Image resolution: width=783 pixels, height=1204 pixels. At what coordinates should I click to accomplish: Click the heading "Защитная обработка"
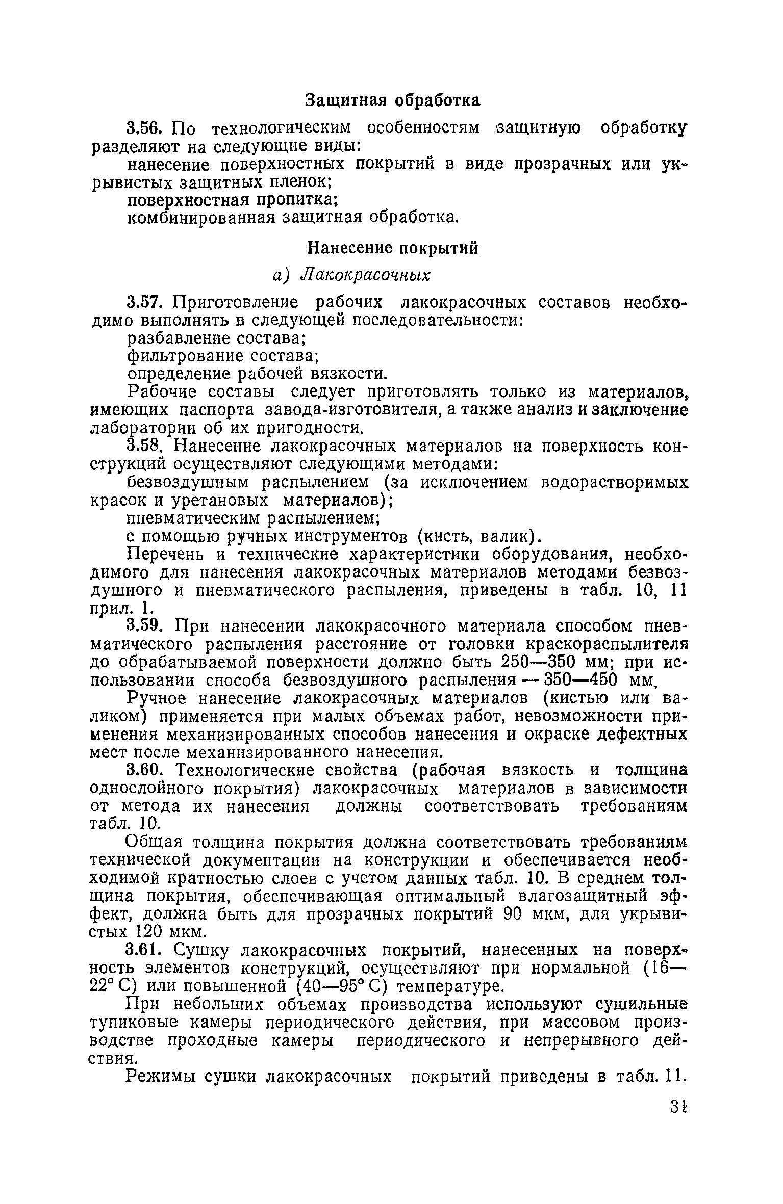(392, 100)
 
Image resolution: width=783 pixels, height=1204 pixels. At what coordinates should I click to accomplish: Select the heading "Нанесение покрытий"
(392, 248)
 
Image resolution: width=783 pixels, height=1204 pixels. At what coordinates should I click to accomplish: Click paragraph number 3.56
(147, 128)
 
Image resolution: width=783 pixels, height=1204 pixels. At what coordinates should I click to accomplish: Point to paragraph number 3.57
(147, 303)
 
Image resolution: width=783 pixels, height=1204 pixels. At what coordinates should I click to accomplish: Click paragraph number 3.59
(147, 626)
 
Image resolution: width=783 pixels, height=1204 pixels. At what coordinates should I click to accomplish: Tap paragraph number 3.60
(147, 770)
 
